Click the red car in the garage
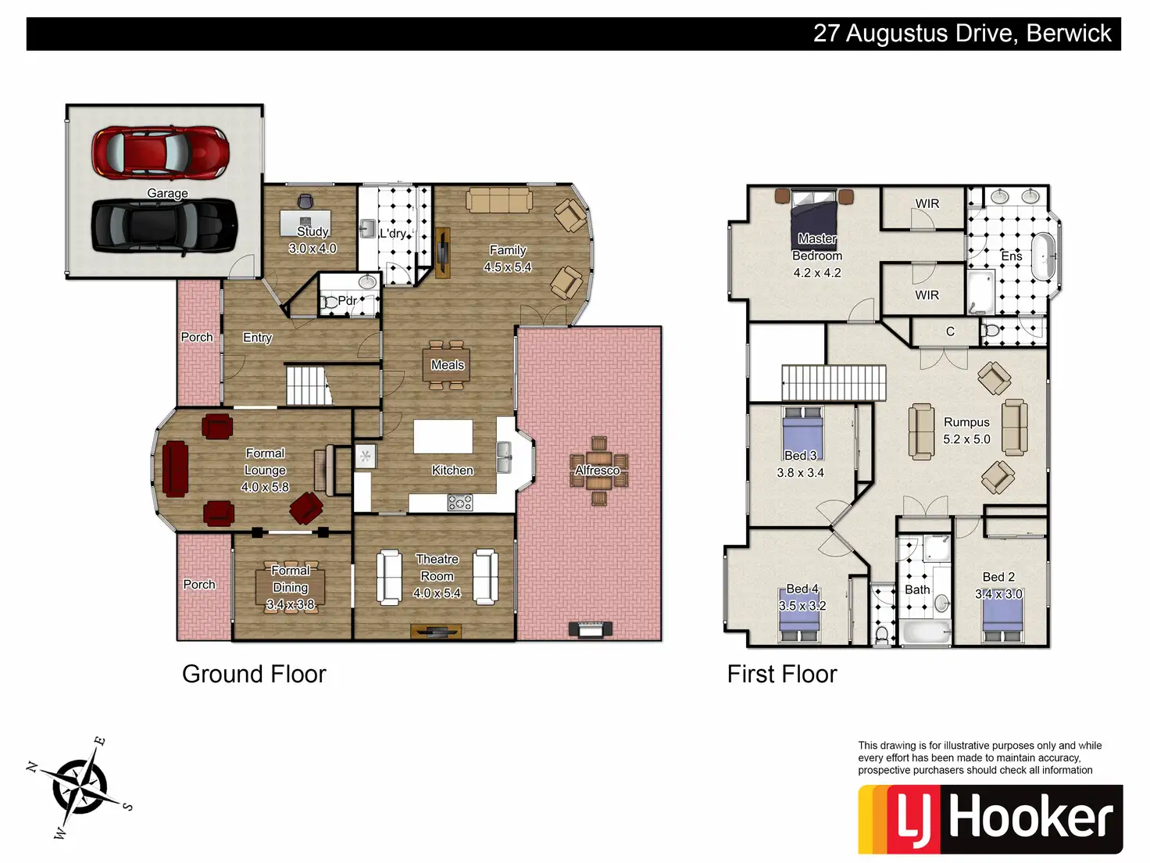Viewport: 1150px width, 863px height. coord(161,152)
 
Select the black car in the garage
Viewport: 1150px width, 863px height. coord(165,227)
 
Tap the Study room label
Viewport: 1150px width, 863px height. coord(312,231)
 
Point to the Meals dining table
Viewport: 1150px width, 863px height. coord(446,365)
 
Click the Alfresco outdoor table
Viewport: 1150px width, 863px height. coord(598,471)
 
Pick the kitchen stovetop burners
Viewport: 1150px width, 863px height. coord(460,503)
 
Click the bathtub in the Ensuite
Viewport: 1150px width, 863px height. coord(1043,257)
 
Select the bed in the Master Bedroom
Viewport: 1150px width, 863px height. coord(813,220)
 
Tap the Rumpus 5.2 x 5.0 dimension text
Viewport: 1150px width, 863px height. coord(966,439)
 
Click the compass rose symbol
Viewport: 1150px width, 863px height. coord(80,787)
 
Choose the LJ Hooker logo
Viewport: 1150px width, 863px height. coord(990,819)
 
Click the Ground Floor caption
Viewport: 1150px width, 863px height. coord(254,674)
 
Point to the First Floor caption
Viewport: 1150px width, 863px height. coord(782,674)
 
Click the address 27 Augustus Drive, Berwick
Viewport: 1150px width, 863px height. coord(962,33)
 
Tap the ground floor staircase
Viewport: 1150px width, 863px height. coord(309,385)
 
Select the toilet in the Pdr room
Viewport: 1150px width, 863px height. coord(328,303)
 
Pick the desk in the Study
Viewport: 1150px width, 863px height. coord(305,224)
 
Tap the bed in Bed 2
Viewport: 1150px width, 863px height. coord(1002,618)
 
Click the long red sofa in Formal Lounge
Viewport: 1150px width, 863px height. coord(175,469)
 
